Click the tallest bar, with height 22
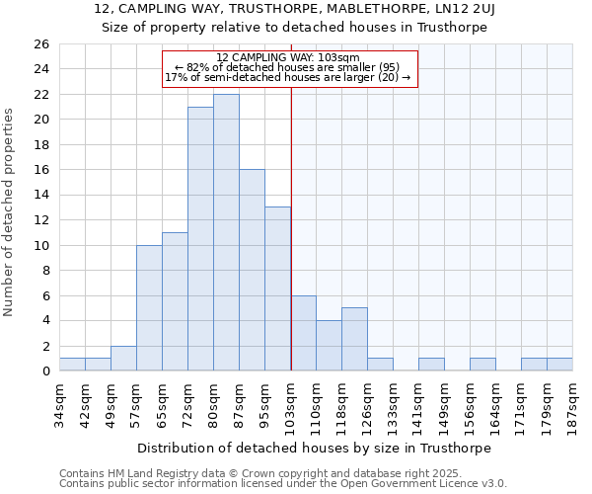pos(226,232)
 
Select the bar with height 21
pos(200,238)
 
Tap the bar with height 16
pos(252,270)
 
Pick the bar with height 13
pos(277,288)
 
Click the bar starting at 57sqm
pos(149,307)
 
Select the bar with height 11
pos(175,301)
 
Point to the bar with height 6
pos(303,333)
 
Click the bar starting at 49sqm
pos(123,358)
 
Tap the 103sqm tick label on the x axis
pos(291,403)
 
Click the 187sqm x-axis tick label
pos(573,403)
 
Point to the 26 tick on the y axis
pos(40,44)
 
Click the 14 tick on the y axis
pos(40,196)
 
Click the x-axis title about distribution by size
pos(314,448)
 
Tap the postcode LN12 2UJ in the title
pos(463,9)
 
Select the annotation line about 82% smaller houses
pos(287,67)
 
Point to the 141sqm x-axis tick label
pos(419,403)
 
